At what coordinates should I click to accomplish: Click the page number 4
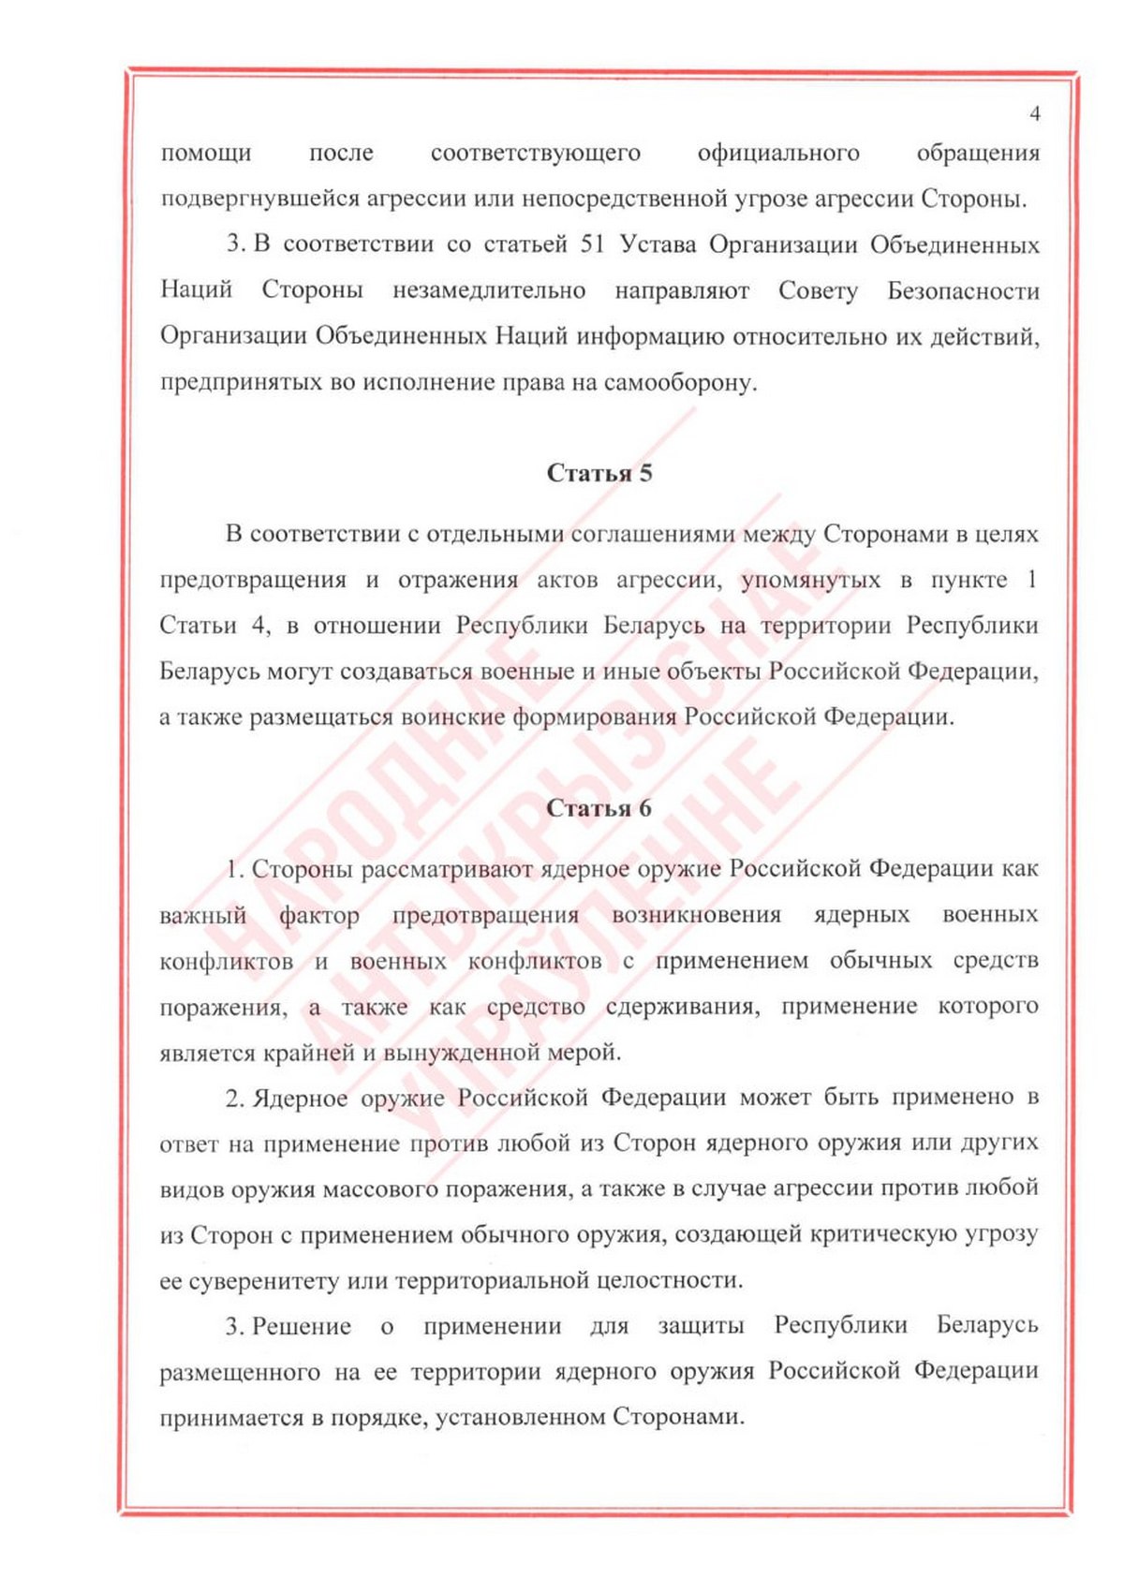pyautogui.click(x=1034, y=114)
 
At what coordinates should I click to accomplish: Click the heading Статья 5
pyautogui.click(x=599, y=473)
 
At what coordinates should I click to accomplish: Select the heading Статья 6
pyautogui.click(x=599, y=808)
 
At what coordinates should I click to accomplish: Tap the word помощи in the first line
pyautogui.click(x=206, y=153)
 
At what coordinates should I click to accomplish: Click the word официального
pyautogui.click(x=778, y=153)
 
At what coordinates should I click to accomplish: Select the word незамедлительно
pyautogui.click(x=489, y=290)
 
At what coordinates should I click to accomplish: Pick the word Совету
pyautogui.click(x=818, y=290)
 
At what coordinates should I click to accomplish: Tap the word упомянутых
pyautogui.click(x=811, y=580)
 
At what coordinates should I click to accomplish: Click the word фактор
pyautogui.click(x=319, y=915)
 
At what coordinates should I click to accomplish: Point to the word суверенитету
pyautogui.click(x=264, y=1280)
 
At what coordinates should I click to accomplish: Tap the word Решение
pyautogui.click(x=302, y=1326)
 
